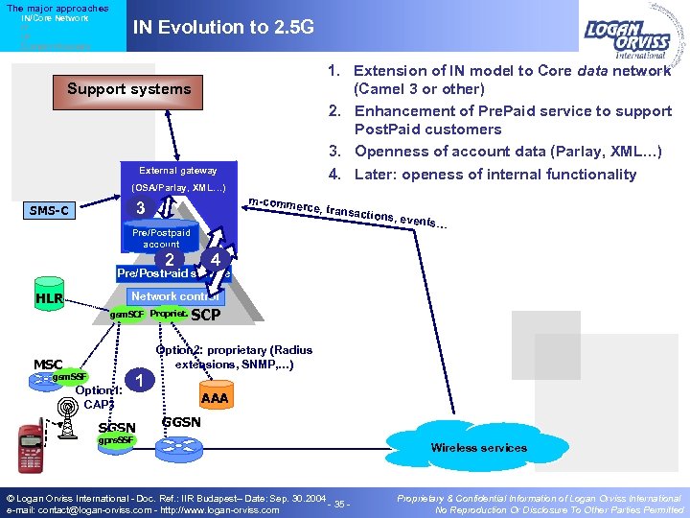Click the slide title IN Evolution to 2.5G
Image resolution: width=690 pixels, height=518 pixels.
click(222, 27)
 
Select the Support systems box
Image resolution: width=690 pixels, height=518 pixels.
click(128, 89)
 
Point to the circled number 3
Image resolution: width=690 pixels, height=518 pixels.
click(141, 209)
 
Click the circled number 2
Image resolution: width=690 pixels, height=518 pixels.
click(169, 260)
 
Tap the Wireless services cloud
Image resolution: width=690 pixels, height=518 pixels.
click(478, 447)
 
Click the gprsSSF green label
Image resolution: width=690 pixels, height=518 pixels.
click(118, 439)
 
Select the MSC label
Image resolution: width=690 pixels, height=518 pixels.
click(48, 365)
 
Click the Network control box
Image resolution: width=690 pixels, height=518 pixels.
click(174, 296)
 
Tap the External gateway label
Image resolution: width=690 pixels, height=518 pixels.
click(178, 170)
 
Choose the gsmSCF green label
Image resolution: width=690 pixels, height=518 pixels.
click(126, 315)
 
